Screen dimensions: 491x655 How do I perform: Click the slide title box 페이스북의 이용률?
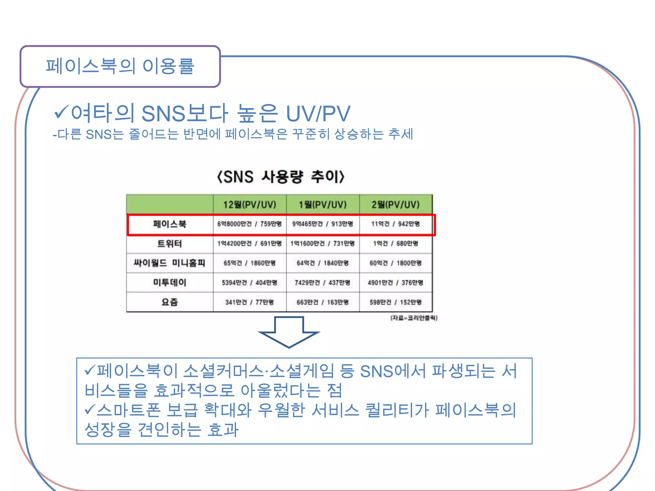coord(120,66)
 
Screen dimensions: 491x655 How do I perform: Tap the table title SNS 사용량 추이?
coord(280,177)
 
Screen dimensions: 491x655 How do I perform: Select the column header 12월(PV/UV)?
coord(249,205)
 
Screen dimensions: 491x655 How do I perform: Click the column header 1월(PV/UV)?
coord(323,205)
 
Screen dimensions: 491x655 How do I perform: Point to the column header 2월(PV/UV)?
coord(396,205)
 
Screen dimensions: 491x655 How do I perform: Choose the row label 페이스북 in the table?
coord(170,224)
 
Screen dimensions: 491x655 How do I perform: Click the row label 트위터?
coord(170,244)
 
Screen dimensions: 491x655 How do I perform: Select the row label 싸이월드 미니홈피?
coord(170,263)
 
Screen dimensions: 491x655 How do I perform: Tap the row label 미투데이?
coord(170,283)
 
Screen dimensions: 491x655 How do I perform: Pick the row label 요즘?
coord(170,302)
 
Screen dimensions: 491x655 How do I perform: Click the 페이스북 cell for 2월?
coord(396,224)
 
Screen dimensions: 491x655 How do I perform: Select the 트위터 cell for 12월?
coord(249,244)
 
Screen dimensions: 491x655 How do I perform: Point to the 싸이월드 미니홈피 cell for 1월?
coord(323,263)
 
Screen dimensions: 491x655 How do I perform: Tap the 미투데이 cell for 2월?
coord(396,283)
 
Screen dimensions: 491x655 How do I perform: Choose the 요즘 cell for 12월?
coord(249,302)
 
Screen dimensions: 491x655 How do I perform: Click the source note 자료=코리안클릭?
coord(414,318)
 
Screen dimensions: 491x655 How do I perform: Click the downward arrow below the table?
coord(289,332)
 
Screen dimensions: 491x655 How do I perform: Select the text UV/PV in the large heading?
coord(318,114)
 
